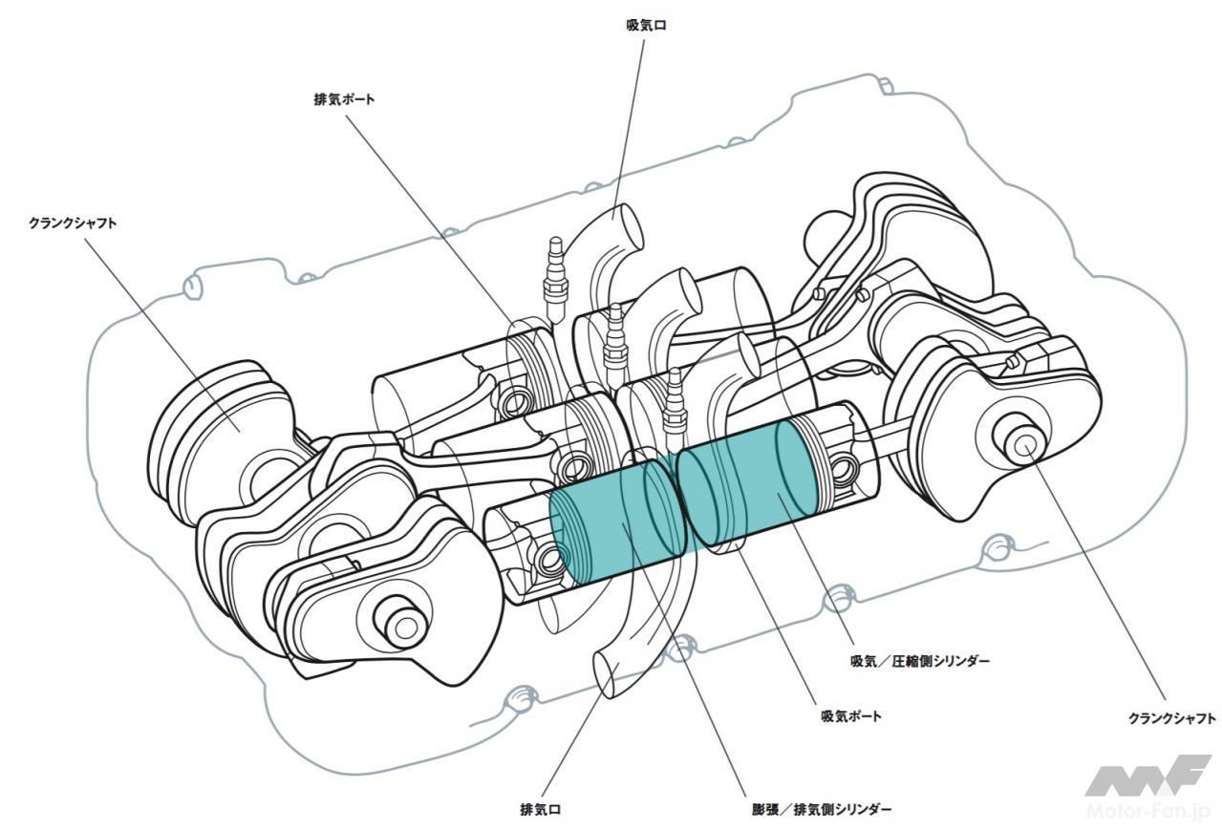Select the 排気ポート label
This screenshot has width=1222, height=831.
coord(343,98)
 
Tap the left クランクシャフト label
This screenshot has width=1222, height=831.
coord(74,223)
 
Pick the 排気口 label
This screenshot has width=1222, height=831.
coord(540,810)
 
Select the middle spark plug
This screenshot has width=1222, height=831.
coord(613,334)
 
